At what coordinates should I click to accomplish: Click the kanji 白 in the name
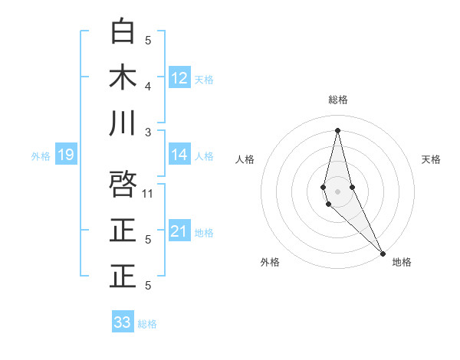pos(123,31)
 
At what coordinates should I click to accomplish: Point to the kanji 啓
pos(123,185)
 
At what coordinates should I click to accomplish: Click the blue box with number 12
pos(179,78)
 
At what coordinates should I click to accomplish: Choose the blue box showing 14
pos(179,155)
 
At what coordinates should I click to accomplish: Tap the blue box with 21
pos(179,231)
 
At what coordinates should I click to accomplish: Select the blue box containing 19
pos(65,155)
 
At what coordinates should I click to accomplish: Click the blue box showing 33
pos(123,322)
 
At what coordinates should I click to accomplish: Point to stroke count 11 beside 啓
pos(149,193)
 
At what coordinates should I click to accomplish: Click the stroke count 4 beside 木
pos(148,86)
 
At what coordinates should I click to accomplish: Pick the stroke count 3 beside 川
pos(148,132)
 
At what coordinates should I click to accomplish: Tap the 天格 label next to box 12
pos(204,79)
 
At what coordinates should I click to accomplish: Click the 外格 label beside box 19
pos(41,155)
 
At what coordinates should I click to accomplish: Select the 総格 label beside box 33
pos(147,323)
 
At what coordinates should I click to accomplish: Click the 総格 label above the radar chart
pos(337,100)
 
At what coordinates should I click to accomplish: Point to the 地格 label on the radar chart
pos(402,262)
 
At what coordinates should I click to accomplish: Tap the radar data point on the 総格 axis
pos(337,129)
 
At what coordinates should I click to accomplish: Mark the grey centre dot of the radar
pos(337,189)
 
